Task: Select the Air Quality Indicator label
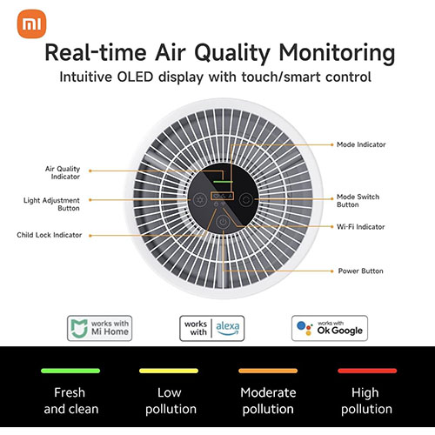point(62,172)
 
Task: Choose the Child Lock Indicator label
point(50,235)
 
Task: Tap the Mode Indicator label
point(361,144)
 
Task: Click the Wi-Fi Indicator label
point(361,228)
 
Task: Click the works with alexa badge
point(213,327)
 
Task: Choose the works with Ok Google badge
point(330,327)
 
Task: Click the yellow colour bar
point(168,370)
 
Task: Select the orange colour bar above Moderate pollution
point(267,370)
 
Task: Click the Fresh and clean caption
point(70,400)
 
